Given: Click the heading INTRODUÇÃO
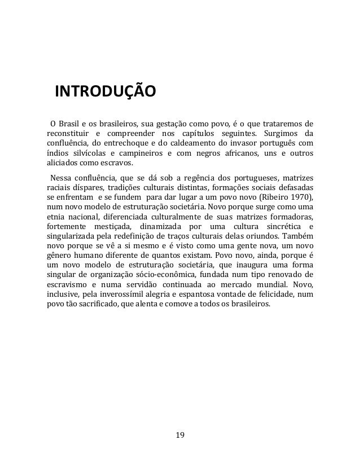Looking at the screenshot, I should (104, 91).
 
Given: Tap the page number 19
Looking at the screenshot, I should (180, 435).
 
